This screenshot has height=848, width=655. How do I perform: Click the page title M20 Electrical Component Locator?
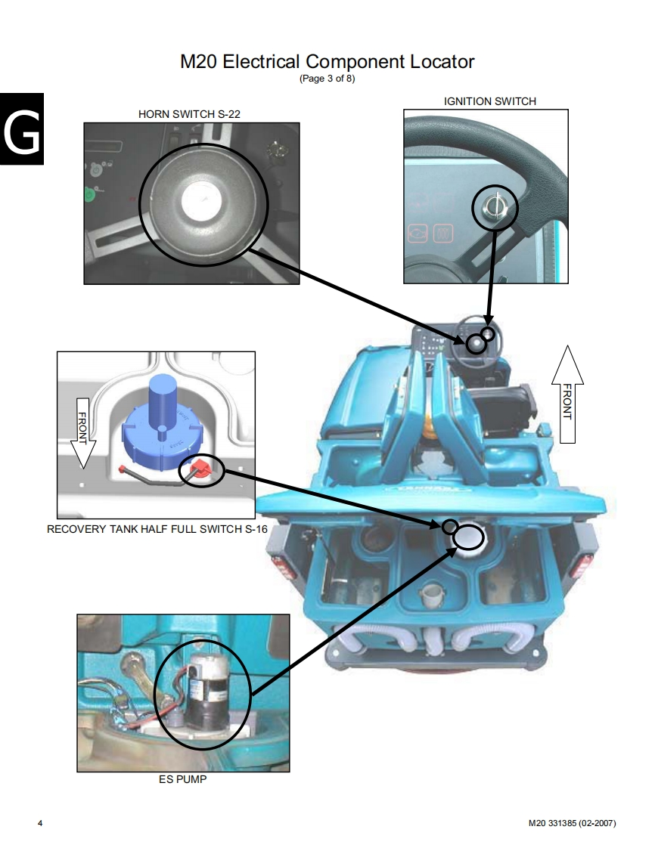pyautogui.click(x=327, y=62)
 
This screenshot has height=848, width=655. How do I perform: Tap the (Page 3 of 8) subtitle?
pyautogui.click(x=327, y=79)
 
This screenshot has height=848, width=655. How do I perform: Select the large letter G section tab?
pyautogui.click(x=22, y=129)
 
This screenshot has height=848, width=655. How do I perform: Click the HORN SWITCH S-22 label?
pyautogui.click(x=189, y=114)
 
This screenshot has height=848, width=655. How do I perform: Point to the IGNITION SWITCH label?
pyautogui.click(x=490, y=101)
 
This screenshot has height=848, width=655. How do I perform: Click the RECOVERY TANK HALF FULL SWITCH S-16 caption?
pyautogui.click(x=157, y=529)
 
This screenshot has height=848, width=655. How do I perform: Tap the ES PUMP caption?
pyautogui.click(x=182, y=779)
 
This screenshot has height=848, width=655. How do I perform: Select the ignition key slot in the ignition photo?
pyautogui.click(x=494, y=206)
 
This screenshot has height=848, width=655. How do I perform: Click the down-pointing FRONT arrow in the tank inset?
pyautogui.click(x=83, y=432)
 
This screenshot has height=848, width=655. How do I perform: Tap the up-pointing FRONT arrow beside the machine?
pyautogui.click(x=567, y=395)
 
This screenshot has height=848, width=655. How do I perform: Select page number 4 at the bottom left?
pyautogui.click(x=40, y=823)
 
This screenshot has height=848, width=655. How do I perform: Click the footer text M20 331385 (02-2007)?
pyautogui.click(x=572, y=823)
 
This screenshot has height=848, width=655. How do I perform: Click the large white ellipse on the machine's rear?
pyautogui.click(x=468, y=537)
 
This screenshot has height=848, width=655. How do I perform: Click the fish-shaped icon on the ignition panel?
pyautogui.click(x=418, y=234)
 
